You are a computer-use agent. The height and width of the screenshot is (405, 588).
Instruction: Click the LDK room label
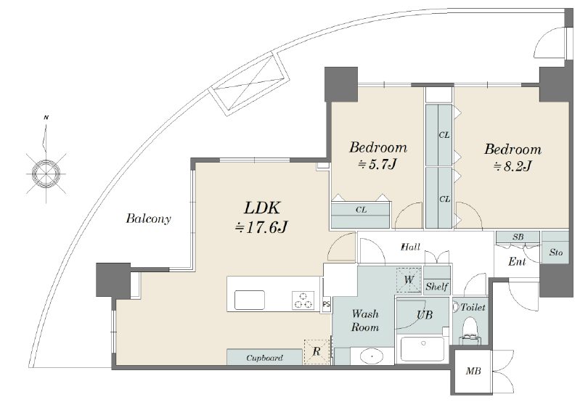click(x=263, y=208)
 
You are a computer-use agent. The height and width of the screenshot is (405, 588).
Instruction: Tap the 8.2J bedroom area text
click(x=513, y=165)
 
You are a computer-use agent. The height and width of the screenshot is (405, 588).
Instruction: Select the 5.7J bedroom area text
click(x=377, y=164)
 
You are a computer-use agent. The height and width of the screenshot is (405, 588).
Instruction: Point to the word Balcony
click(x=149, y=218)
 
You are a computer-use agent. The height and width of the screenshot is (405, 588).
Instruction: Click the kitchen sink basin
click(x=250, y=300)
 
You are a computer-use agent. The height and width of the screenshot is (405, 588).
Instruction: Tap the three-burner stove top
click(x=303, y=300)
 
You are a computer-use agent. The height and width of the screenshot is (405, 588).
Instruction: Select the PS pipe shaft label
click(x=326, y=304)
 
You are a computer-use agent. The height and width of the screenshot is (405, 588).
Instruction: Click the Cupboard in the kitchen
click(x=264, y=357)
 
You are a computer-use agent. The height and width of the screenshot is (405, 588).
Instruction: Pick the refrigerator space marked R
click(x=317, y=352)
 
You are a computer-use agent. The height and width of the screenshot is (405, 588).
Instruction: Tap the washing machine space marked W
click(x=409, y=279)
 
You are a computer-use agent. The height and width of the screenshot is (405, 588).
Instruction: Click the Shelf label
click(x=437, y=287)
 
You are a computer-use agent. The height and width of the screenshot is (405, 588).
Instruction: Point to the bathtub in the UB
click(x=422, y=348)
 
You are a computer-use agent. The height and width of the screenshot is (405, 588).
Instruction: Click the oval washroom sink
click(x=372, y=356)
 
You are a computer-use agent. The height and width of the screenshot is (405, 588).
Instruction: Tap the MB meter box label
click(x=473, y=372)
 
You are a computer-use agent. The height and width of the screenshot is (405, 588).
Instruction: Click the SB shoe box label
click(x=518, y=237)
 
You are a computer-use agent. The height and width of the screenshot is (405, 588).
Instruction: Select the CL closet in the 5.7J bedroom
click(x=361, y=215)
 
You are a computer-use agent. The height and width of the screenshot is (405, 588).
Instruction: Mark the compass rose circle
click(x=46, y=173)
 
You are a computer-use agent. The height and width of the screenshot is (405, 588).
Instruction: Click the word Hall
click(x=411, y=247)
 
